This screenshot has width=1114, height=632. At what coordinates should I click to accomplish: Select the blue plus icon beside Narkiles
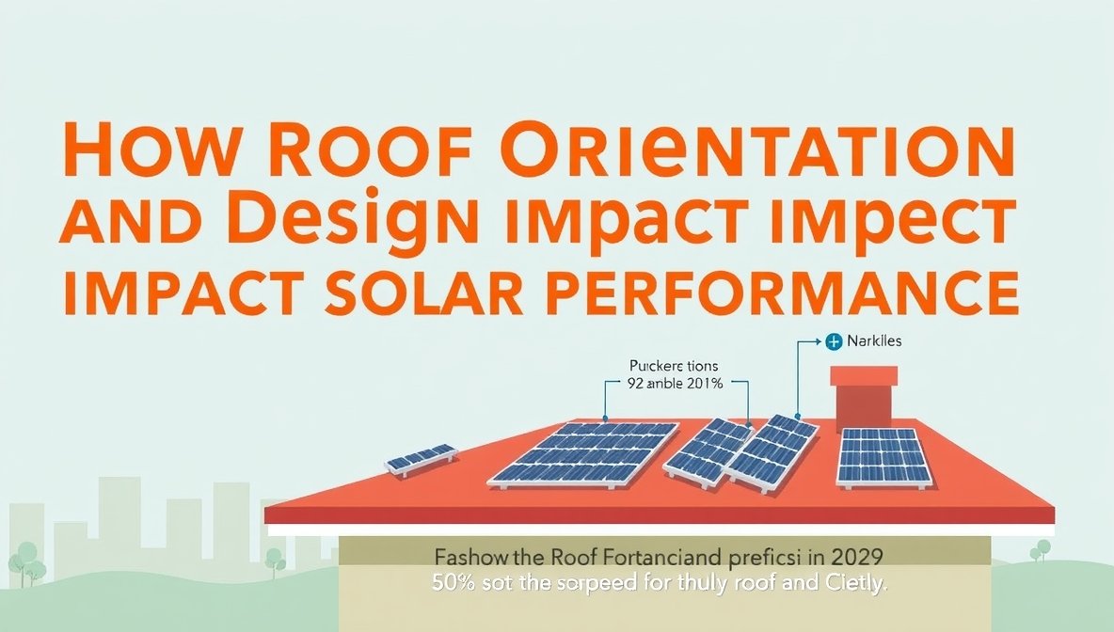pyautogui.click(x=832, y=341)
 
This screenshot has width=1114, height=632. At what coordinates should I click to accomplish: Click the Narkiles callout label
pyautogui.click(x=874, y=341)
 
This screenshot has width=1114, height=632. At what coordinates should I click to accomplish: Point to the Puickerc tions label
pyautogui.click(x=673, y=366)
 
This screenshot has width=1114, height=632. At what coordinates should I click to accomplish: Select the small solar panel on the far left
pyautogui.click(x=422, y=459)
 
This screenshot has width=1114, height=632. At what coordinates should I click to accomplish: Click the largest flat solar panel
pyautogui.click(x=583, y=453)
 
